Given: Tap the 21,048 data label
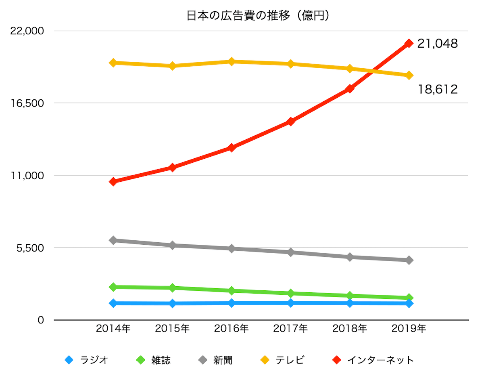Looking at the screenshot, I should (x=437, y=44).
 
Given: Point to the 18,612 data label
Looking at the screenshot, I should (x=437, y=89).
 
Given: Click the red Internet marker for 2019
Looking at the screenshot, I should (x=409, y=43).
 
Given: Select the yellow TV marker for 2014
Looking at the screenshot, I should (x=113, y=63).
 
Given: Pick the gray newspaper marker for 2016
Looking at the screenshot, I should (x=232, y=248).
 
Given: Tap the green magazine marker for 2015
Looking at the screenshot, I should (x=172, y=288).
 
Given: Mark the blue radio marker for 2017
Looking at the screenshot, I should (x=290, y=303).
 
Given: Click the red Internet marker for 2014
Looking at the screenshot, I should (x=113, y=182).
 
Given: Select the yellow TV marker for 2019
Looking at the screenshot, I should (x=409, y=75).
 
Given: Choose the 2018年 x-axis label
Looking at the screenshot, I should (x=350, y=328).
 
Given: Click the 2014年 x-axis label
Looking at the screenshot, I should (x=113, y=328).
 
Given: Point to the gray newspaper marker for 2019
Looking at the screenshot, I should (x=409, y=260).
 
